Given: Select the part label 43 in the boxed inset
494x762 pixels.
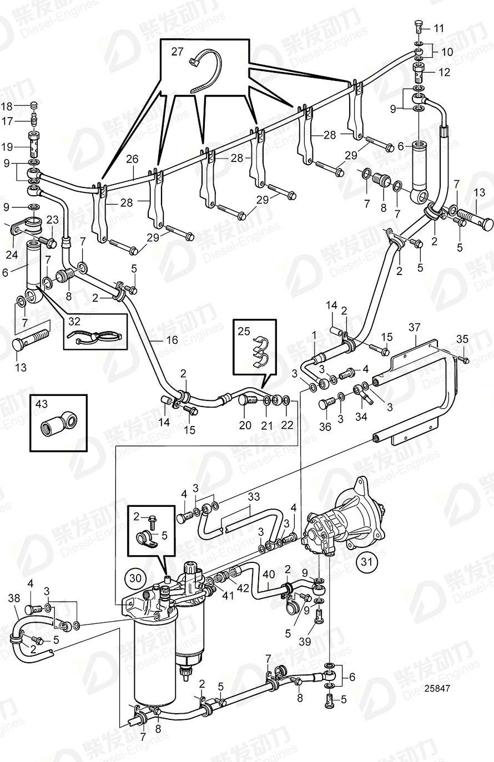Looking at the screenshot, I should [x=42, y=404].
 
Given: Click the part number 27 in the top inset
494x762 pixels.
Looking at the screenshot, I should [x=177, y=52].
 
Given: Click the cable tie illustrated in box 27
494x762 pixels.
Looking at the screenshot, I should [x=204, y=71].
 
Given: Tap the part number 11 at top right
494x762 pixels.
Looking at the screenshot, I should [x=438, y=28].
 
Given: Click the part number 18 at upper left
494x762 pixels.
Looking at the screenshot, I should [x=6, y=106].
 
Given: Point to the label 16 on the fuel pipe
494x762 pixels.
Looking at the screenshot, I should [x=172, y=339].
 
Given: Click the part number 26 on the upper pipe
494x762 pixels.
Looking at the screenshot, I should [x=132, y=159].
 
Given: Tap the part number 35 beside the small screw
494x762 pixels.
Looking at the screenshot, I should [x=462, y=339].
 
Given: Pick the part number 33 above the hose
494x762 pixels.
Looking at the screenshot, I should [x=253, y=497].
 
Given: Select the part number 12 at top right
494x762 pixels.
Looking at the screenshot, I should [x=445, y=72].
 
